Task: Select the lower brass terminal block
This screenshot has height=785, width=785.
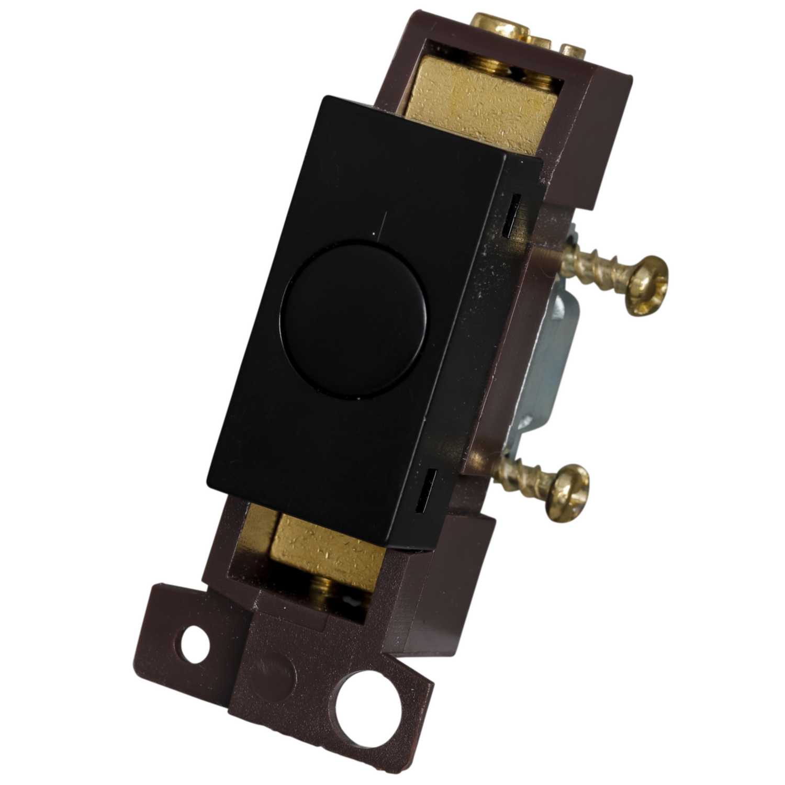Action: [x=324, y=549]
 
